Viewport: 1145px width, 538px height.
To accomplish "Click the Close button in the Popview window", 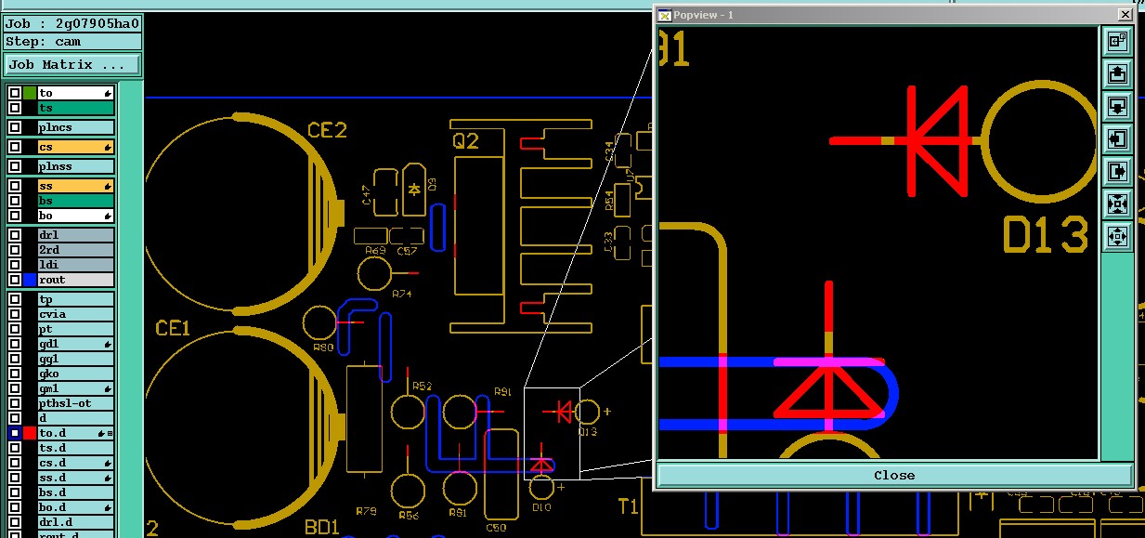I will coord(893,475).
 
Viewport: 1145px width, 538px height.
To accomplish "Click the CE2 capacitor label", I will coord(327,131).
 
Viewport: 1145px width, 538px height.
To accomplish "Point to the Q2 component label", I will coord(465,141).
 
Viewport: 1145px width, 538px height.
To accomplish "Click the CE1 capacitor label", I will coord(173,328).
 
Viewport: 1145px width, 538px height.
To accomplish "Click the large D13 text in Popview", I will coord(1045,236).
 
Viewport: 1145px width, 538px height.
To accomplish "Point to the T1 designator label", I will coord(629,506).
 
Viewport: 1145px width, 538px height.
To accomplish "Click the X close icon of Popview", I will coord(1125,15).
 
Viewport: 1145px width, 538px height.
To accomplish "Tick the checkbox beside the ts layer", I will coord(15,109).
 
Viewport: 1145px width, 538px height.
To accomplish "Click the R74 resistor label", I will coord(402,294).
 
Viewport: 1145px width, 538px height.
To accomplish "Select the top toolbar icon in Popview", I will coord(1117,41).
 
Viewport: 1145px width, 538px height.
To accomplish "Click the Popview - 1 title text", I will coord(703,15).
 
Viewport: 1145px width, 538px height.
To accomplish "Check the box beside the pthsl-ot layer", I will coord(15,403).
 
